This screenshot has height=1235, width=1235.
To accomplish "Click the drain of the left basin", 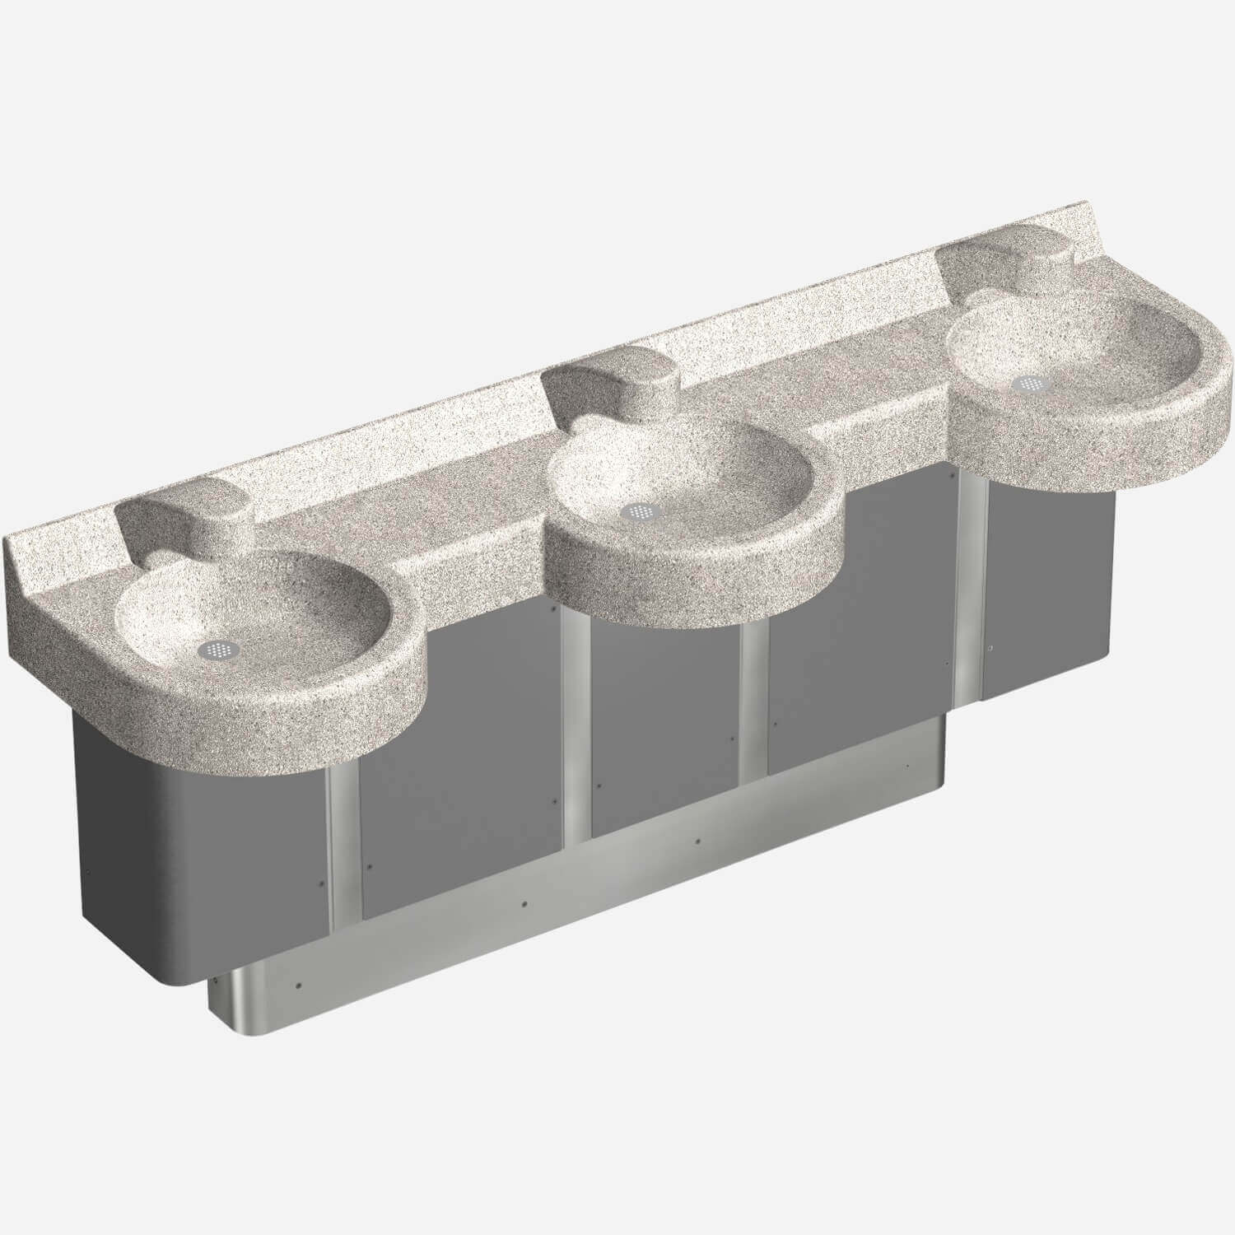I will coord(213,649).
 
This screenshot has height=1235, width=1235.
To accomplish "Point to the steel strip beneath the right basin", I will coord(972,593).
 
